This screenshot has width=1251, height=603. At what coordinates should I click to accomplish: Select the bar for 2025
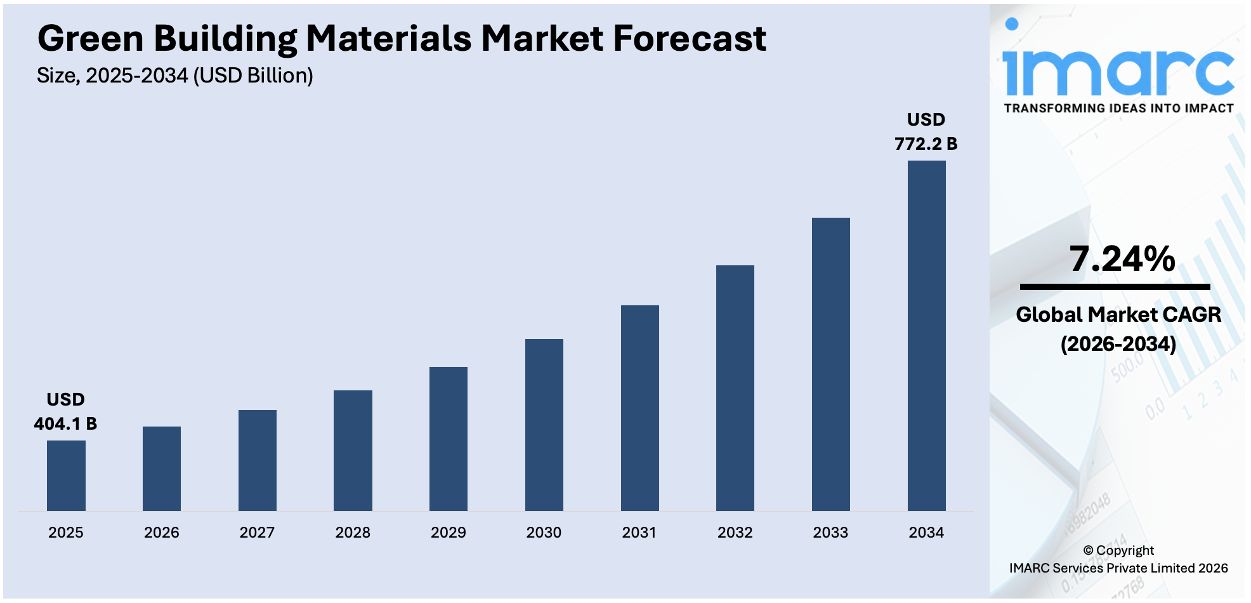(66, 475)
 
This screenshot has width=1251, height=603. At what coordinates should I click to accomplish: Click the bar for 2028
(353, 450)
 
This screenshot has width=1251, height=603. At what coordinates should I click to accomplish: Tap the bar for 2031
(639, 408)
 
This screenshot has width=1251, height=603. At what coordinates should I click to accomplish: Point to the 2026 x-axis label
(161, 533)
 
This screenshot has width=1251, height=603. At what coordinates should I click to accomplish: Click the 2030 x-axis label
(544, 533)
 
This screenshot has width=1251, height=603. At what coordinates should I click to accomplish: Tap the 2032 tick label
(735, 533)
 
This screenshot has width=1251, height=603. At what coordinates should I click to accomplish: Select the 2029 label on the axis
(448, 533)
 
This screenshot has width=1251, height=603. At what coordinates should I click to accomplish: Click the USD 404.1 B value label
(65, 412)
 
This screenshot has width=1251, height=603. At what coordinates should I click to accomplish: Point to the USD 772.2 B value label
(926, 131)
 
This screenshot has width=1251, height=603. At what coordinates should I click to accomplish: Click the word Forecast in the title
(689, 39)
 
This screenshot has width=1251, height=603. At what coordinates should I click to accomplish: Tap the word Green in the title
(91, 39)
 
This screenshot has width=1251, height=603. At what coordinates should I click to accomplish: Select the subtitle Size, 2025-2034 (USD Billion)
(175, 76)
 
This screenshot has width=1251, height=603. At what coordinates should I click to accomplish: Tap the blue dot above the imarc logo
(1012, 24)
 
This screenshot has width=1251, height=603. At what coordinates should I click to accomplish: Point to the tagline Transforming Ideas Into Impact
(1118, 109)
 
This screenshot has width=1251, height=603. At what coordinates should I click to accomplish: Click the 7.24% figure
(1122, 259)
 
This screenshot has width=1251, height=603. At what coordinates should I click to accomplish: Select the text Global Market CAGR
(1118, 314)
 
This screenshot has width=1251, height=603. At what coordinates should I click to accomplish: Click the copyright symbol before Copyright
(1088, 551)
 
